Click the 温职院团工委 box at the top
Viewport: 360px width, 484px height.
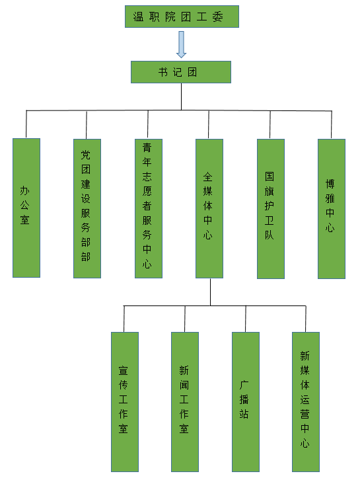click(x=182, y=17)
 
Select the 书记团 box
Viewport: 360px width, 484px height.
click(x=181, y=72)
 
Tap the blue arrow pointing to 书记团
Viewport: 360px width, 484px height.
click(x=182, y=44)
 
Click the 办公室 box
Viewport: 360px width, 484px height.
click(x=26, y=208)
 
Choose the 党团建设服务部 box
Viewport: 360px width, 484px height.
click(x=87, y=208)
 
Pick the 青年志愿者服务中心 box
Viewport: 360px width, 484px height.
click(x=149, y=208)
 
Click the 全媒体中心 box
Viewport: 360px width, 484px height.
click(x=209, y=208)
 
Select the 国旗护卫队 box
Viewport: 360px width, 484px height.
click(x=271, y=209)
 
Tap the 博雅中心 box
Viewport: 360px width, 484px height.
click(x=332, y=209)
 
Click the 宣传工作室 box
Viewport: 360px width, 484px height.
click(x=125, y=402)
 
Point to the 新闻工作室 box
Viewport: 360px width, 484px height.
click(x=185, y=402)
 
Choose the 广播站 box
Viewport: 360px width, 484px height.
click(x=246, y=402)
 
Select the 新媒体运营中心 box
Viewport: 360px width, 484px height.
click(x=306, y=402)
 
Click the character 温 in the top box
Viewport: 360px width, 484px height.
click(x=138, y=17)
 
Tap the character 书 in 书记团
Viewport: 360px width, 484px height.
click(x=163, y=72)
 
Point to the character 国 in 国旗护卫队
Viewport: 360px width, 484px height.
click(x=270, y=177)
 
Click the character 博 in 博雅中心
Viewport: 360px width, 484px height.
click(x=330, y=184)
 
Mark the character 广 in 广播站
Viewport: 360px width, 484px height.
click(x=244, y=385)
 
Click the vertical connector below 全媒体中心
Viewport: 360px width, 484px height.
click(x=211, y=292)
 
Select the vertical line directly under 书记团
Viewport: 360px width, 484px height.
click(x=181, y=97)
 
